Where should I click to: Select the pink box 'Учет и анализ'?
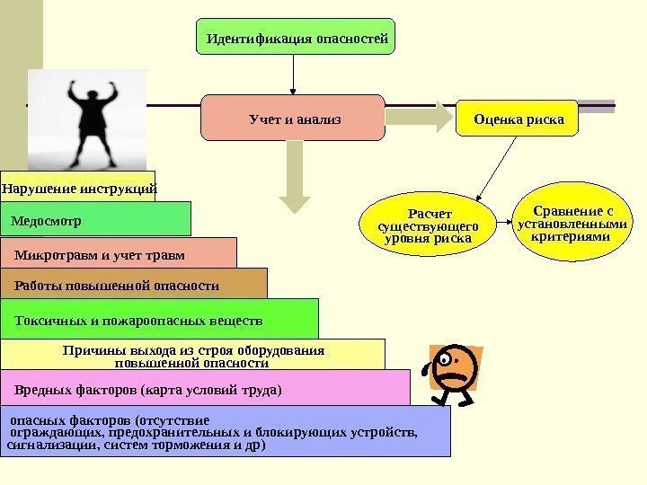[x=293, y=118]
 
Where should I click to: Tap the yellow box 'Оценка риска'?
[x=518, y=118]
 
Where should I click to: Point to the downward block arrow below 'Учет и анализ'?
[x=293, y=174]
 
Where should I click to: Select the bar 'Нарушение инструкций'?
[x=78, y=189]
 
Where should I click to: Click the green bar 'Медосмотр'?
[x=95, y=218]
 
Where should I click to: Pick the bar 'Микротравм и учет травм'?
[x=119, y=253]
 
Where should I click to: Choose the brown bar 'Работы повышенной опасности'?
[x=134, y=284]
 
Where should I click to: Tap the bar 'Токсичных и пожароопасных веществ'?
[x=160, y=319]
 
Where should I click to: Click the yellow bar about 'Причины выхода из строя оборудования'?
[x=193, y=355]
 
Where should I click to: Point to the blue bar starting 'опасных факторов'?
[x=225, y=432]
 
